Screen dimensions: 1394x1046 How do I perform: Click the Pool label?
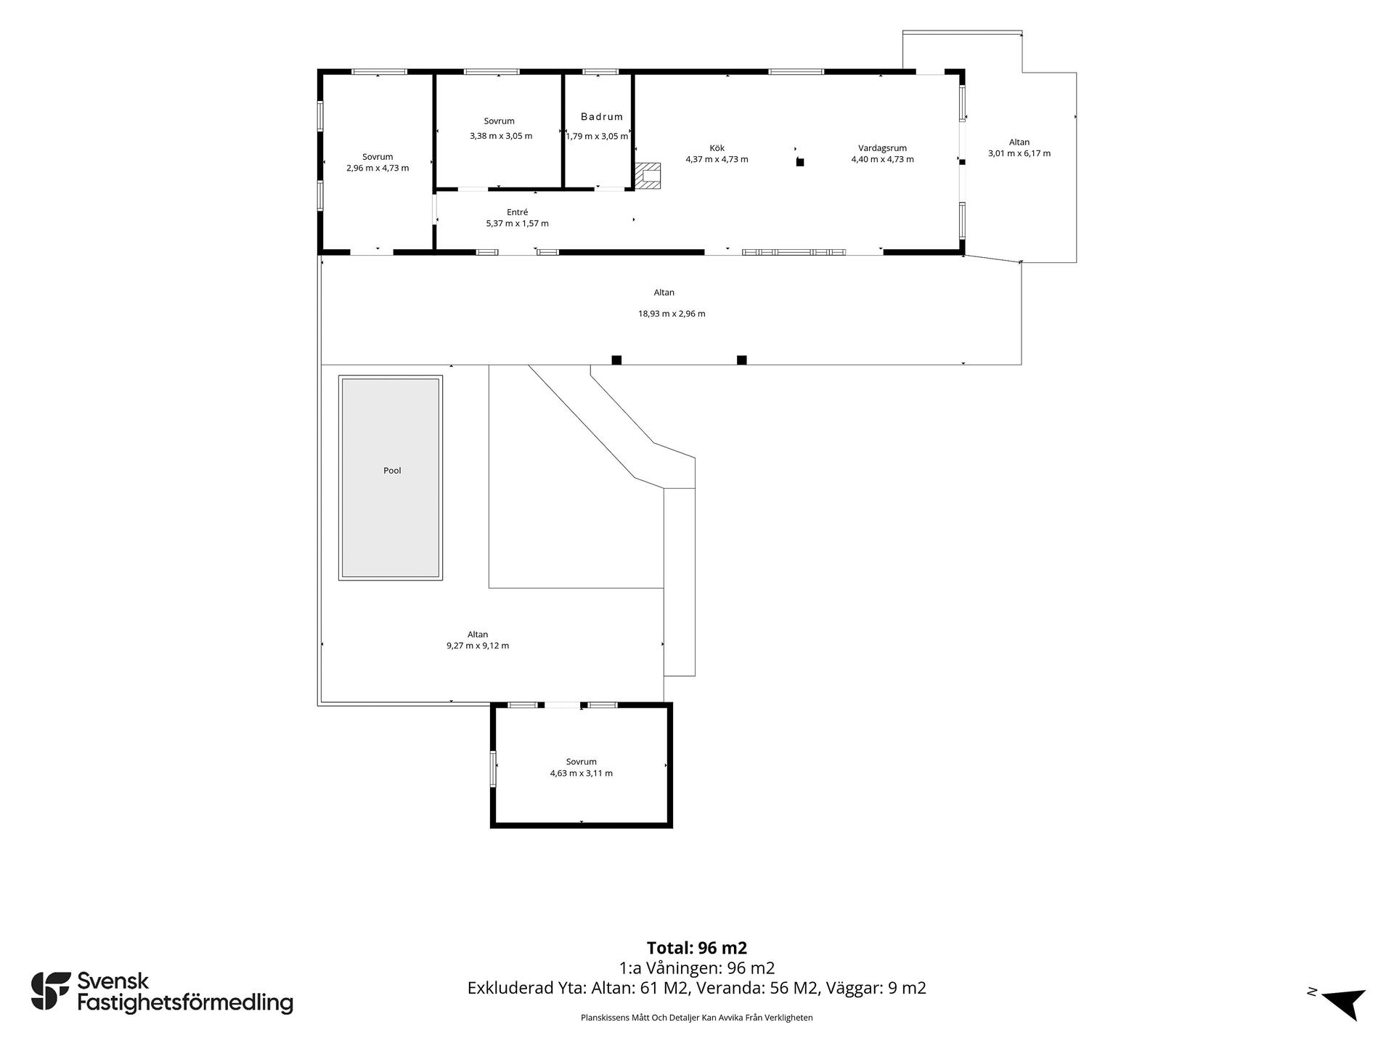tap(392, 471)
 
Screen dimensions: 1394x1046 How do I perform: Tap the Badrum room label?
tap(602, 117)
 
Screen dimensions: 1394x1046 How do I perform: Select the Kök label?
tap(717, 148)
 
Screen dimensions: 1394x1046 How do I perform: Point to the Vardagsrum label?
tap(882, 148)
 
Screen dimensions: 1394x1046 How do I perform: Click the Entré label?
tap(517, 212)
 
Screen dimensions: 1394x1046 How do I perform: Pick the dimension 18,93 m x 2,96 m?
tap(672, 314)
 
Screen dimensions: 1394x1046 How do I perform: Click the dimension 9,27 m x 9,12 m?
tap(478, 646)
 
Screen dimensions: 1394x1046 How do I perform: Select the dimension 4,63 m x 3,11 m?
tap(581, 774)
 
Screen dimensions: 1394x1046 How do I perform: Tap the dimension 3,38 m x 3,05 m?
tap(501, 136)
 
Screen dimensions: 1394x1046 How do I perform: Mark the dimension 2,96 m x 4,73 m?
tap(378, 169)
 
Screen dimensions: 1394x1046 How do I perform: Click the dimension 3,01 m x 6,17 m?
tap(1019, 153)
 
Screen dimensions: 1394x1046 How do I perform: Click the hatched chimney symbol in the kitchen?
tap(648, 176)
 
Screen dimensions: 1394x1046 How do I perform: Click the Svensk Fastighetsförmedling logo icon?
tap(50, 991)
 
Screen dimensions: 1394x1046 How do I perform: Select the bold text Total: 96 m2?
tap(697, 948)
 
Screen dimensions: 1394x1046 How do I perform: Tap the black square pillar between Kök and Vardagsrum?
tap(800, 162)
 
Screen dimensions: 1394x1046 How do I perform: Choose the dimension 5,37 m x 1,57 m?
tap(518, 224)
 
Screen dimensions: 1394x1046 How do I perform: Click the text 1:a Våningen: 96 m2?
tap(697, 968)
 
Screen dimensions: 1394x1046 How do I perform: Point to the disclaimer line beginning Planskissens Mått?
tap(697, 1018)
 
